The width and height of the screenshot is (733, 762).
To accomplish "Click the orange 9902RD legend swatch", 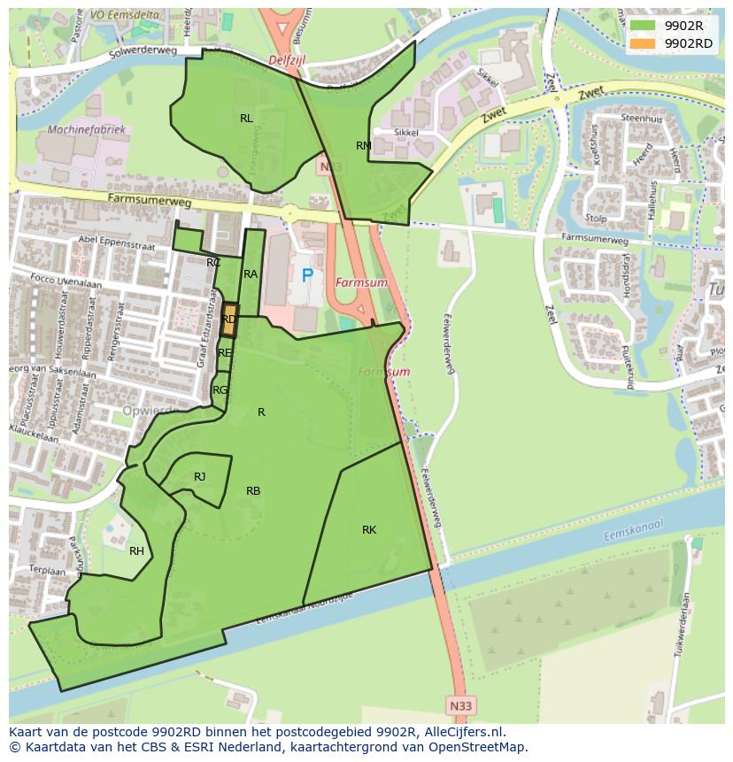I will click(x=643, y=43).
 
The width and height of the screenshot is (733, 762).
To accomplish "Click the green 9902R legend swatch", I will click(x=643, y=25).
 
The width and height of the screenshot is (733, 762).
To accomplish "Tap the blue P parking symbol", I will click(x=307, y=275).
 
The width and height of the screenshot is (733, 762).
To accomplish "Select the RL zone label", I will click(x=246, y=118).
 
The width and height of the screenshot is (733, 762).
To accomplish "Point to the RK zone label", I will click(x=369, y=530).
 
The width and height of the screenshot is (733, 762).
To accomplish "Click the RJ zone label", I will click(x=199, y=477).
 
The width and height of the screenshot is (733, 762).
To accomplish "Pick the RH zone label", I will click(x=136, y=551).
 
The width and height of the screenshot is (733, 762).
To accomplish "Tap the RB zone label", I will click(x=253, y=491).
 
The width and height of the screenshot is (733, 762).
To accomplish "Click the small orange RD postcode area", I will click(x=228, y=319).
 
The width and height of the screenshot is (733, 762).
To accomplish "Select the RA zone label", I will click(x=251, y=274).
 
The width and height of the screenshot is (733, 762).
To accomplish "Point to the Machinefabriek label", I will click(x=88, y=130).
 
